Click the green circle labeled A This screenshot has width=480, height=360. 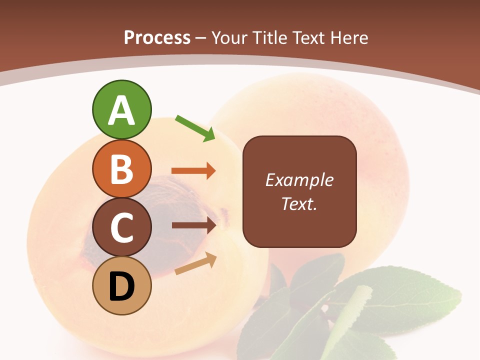pos(121,109)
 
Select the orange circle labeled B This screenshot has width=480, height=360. pos(121,168)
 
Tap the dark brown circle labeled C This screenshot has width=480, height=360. pos(121,227)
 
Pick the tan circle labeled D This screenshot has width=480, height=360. pos(121,285)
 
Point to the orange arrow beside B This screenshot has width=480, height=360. pos(193,171)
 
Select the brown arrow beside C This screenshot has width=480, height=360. pos(194,225)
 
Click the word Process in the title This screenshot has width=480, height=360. pos(157,37)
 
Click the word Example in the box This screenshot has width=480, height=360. pos(299,180)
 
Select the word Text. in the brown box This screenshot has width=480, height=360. pos(299,203)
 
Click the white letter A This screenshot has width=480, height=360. pos(121,110)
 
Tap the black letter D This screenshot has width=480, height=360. pos(121,286)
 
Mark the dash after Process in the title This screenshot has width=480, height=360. pos(201,38)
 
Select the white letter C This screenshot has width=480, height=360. pos(121,227)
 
